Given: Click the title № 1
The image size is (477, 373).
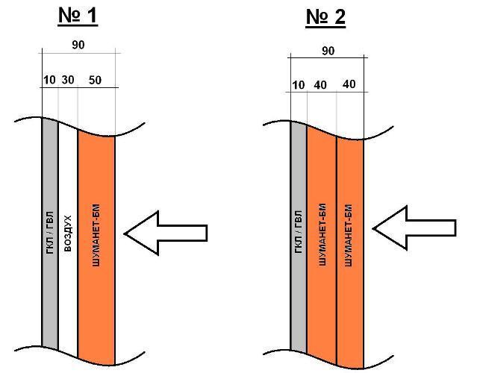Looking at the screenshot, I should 78,16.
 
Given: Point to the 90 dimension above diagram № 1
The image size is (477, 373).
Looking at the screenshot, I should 78,45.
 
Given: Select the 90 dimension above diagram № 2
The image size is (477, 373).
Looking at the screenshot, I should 327,51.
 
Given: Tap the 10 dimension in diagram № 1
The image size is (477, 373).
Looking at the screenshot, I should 50,79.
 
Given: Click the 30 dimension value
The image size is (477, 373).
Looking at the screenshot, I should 68,79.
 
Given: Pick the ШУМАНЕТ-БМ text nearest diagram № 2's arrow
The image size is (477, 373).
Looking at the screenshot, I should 350,234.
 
